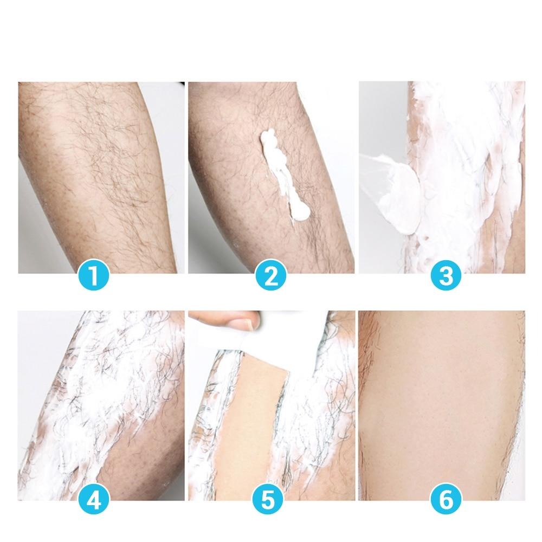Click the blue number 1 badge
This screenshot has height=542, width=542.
coord(94,275)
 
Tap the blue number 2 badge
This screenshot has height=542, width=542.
coord(271,275)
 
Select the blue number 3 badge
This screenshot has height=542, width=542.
coord(446,275)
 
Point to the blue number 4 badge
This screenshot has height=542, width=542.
coord(94,499)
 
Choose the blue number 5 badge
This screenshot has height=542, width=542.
coord(268,499)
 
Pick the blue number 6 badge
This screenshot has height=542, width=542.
coord(446,499)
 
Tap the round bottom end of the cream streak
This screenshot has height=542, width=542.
coord(300,212)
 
